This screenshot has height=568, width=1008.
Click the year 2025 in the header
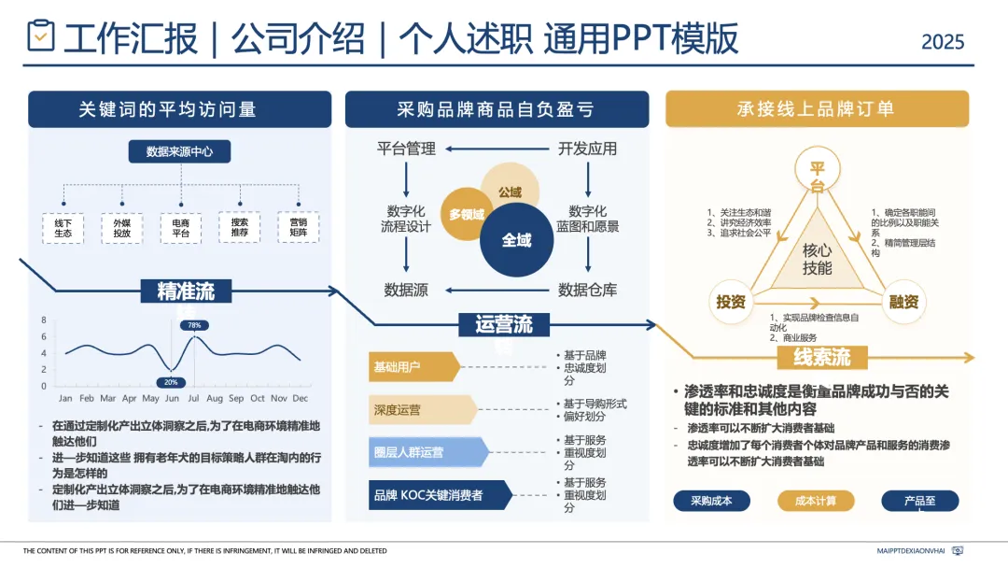click(943, 42)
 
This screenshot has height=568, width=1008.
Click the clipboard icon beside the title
click(41, 36)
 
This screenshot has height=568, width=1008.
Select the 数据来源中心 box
click(179, 151)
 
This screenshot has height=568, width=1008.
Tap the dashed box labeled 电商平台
click(179, 227)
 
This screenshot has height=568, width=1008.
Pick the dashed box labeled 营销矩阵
click(298, 227)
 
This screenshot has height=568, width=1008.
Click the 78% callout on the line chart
click(194, 325)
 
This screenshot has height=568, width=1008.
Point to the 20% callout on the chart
click(171, 382)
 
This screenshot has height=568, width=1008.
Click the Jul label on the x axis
click(196, 399)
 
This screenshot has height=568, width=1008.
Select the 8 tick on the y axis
click(44, 320)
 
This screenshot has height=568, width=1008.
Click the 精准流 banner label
click(185, 291)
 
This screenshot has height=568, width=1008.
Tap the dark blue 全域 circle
click(516, 240)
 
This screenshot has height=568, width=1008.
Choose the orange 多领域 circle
click(467, 214)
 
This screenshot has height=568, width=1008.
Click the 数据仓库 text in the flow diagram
click(587, 290)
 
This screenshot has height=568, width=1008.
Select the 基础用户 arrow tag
click(411, 366)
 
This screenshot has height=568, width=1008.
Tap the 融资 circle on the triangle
click(903, 301)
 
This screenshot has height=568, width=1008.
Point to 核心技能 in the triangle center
click(817, 259)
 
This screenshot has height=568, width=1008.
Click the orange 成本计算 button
click(816, 501)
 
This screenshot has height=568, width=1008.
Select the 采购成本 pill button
click(711, 501)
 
